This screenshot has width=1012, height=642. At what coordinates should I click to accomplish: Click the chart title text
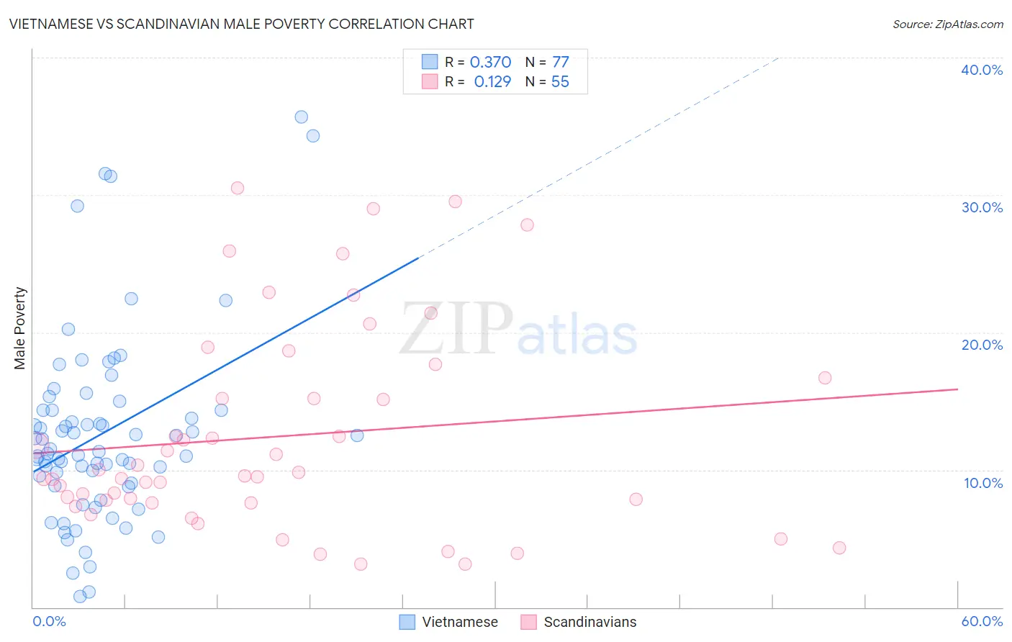[242, 24]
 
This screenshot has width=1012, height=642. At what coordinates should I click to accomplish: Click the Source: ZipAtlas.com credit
[947, 24]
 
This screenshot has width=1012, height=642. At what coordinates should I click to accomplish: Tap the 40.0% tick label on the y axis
[982, 70]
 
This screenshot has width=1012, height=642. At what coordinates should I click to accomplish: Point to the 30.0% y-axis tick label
[982, 207]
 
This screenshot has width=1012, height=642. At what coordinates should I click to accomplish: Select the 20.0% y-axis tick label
[982, 345]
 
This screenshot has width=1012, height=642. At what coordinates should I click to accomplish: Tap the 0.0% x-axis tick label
[49, 621]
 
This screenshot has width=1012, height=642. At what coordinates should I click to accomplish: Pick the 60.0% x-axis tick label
[982, 621]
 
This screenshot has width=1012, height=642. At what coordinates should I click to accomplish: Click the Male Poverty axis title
[20, 328]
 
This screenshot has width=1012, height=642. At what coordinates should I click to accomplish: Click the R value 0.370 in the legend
[490, 63]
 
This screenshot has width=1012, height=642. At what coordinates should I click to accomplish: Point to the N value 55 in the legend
[560, 82]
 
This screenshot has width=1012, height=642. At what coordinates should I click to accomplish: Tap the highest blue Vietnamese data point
[302, 117]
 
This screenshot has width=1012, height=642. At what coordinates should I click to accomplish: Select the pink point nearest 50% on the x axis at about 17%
[825, 378]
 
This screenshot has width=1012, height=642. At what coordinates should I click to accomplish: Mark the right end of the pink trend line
[958, 389]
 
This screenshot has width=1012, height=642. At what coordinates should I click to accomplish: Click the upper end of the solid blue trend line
[418, 258]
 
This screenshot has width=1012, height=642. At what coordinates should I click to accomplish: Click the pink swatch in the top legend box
[430, 81]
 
